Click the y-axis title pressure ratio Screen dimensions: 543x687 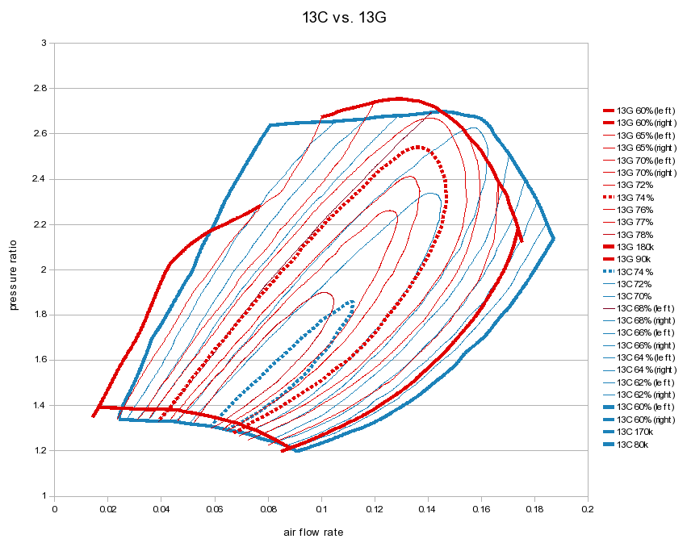(14, 269)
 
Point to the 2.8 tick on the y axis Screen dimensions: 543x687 (43, 88)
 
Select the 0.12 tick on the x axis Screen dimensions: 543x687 (374, 509)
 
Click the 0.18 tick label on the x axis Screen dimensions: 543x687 (534, 509)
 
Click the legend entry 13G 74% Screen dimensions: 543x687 (637, 198)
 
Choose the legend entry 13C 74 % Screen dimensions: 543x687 (638, 272)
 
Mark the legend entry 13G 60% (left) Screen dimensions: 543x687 (647, 111)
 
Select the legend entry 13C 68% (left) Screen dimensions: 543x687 (647, 309)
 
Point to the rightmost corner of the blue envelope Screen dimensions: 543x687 (553, 238)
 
